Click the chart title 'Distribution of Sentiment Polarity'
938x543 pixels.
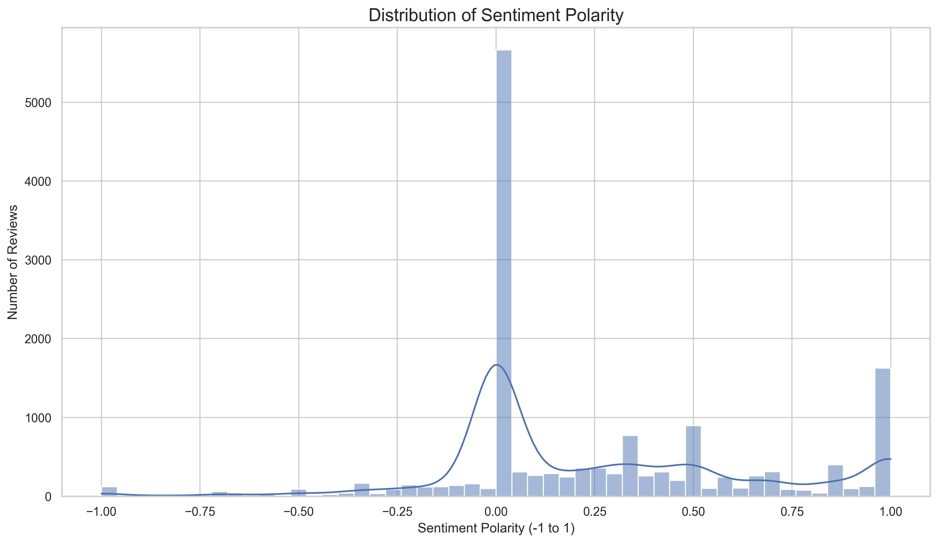[496, 16]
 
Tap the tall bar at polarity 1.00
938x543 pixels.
[883, 432]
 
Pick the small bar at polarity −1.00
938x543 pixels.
[109, 491]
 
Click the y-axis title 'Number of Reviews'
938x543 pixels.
[13, 262]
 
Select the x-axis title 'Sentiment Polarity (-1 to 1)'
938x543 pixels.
[496, 528]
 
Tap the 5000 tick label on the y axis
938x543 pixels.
[38, 103]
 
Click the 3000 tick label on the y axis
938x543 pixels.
[38, 260]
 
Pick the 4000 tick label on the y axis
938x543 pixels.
[38, 182]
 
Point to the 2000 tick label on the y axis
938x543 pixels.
[38, 339]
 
